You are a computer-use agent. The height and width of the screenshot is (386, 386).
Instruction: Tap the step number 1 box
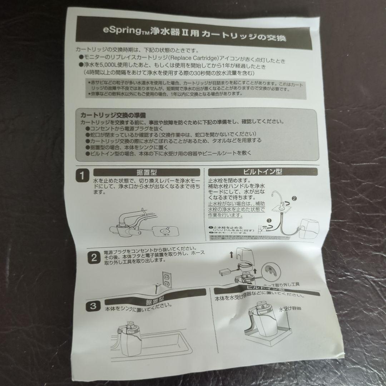click(x=82, y=175)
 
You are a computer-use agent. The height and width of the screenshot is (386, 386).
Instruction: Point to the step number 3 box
click(x=92, y=306)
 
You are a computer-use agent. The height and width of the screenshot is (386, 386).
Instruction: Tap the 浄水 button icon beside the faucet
click(x=165, y=231)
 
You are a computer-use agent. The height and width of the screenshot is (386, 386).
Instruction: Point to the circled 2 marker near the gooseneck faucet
click(x=294, y=198)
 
